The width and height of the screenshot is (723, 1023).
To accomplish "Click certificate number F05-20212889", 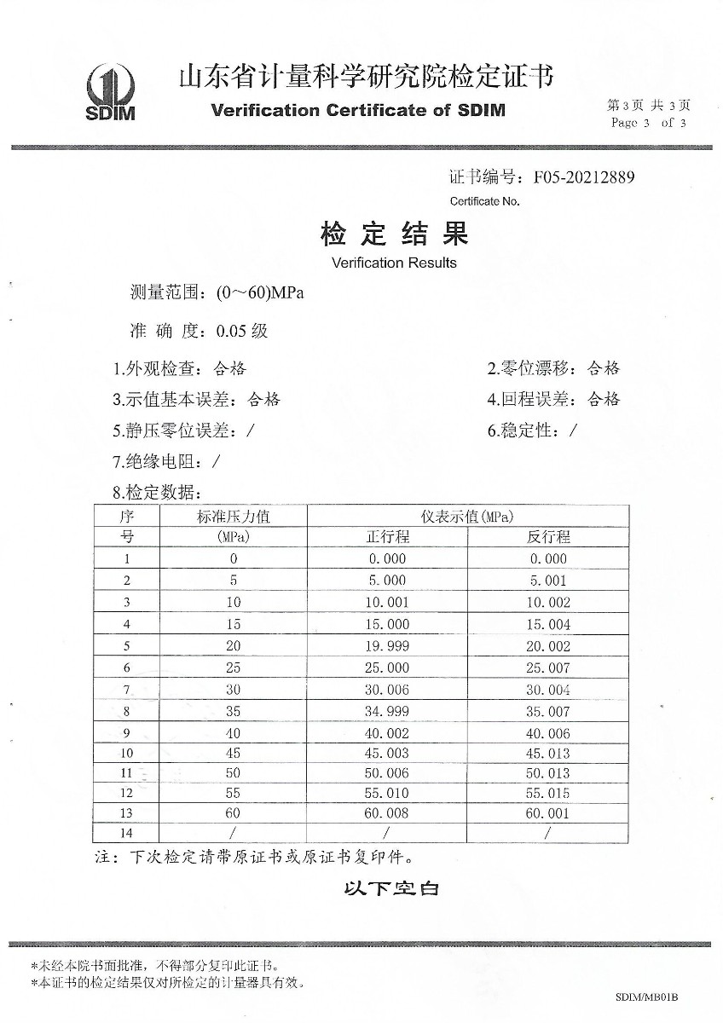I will coord(584,177).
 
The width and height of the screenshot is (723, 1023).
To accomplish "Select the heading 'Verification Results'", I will coord(394,263).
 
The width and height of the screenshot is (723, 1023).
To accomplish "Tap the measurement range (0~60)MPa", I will coord(260,293).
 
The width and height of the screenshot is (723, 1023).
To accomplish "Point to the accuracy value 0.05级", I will coord(242,331).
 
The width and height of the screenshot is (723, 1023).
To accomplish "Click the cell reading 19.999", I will coord(388,646).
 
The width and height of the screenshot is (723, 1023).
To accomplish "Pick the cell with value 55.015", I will coord(547,793).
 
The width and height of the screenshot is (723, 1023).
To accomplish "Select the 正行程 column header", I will coord(388,537).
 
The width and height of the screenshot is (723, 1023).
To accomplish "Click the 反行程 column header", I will coord(547,537).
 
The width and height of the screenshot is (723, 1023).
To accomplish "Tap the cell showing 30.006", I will coord(388,690).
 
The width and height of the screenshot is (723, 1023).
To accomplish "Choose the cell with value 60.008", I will coord(388,813).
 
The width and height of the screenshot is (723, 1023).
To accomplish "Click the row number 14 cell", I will coord(126,834).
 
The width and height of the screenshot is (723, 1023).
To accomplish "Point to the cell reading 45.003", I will coord(388,753).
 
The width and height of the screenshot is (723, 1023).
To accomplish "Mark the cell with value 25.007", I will coord(547,668).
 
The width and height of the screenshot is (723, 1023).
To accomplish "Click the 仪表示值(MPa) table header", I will coord(466,517).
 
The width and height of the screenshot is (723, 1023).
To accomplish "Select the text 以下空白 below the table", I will coord(391,889).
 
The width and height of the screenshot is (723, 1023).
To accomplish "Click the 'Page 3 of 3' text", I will coord(648,123).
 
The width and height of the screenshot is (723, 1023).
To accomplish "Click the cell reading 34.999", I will coord(388,711).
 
